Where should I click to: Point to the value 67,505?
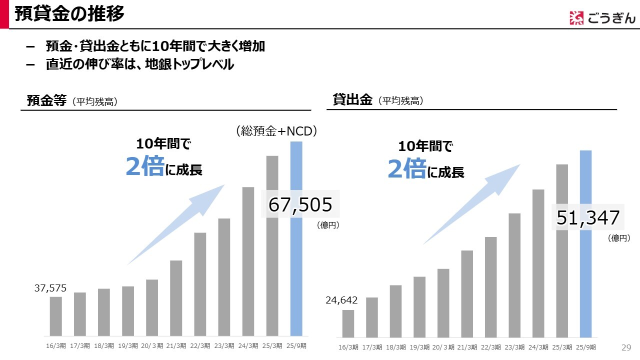click(x=300, y=204)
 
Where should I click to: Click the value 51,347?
click(x=588, y=218)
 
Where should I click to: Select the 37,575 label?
click(x=50, y=288)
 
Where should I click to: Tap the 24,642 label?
click(x=341, y=300)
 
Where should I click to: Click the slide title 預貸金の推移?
click(x=69, y=14)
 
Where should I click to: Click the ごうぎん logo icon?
click(x=576, y=18)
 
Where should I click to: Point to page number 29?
click(x=626, y=347)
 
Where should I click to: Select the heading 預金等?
click(x=46, y=100)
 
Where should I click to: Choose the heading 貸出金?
click(x=352, y=99)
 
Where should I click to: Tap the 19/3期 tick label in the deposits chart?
click(x=128, y=345)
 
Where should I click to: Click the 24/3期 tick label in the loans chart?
click(x=538, y=347)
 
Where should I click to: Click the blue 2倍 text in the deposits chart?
click(x=144, y=166)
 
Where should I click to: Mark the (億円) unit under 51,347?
click(x=619, y=238)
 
